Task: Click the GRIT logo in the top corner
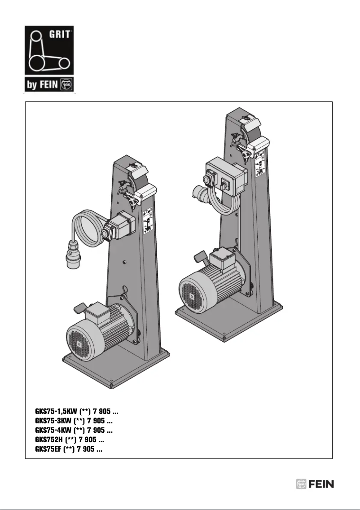pyautogui.click(x=49, y=50)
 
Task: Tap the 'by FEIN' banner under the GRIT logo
pyautogui.click(x=49, y=84)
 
